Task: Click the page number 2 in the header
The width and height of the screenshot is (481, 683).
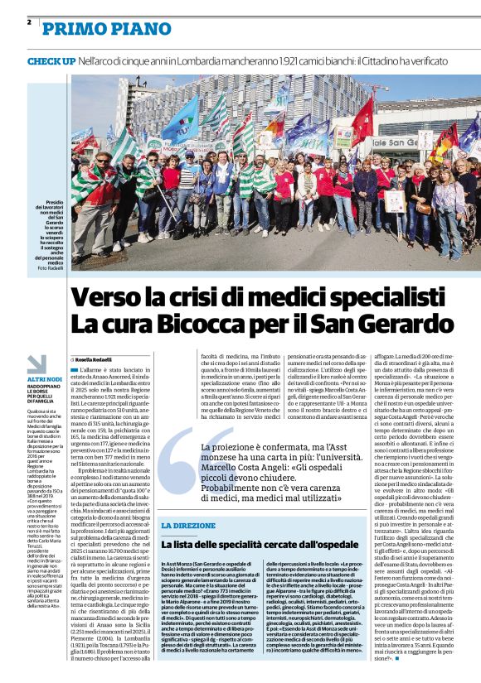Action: [x=30, y=22]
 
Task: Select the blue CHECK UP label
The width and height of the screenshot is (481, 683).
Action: [x=51, y=61]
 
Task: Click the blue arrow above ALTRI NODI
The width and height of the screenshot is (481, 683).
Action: [x=37, y=364]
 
